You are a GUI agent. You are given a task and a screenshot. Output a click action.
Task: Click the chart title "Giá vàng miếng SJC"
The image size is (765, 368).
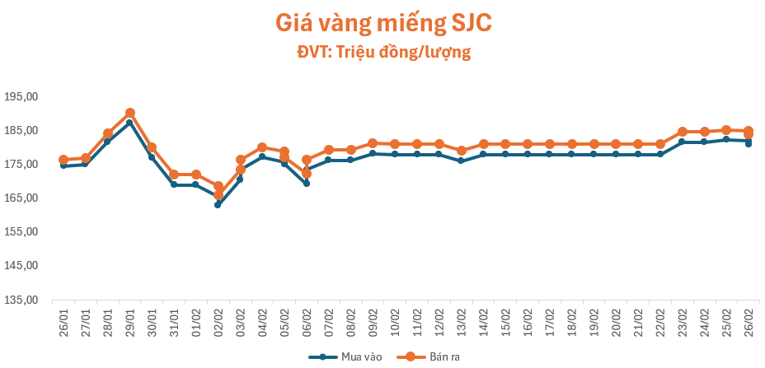pos(383,23)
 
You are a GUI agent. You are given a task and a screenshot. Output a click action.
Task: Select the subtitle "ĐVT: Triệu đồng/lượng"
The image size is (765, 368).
pos(383,53)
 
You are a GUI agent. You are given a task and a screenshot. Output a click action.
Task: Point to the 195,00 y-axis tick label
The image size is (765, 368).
pos(22,96)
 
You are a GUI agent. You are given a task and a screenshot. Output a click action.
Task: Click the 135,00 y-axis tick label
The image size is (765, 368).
pos(22,300)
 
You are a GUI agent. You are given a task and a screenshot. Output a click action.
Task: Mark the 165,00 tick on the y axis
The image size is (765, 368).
pos(22,198)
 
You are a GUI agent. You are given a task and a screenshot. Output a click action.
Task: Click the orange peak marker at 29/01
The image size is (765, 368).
pos(130,113)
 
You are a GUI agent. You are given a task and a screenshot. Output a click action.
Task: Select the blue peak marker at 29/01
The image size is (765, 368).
pos(129,123)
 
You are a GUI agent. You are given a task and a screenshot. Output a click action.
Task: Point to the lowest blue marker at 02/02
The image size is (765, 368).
pos(218,205)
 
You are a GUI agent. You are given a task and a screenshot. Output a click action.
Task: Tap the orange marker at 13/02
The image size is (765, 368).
pos(462,151)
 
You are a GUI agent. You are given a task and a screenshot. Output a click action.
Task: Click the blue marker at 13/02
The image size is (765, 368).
pos(462,161)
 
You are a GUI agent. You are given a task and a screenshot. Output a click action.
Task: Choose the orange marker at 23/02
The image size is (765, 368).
pos(683,132)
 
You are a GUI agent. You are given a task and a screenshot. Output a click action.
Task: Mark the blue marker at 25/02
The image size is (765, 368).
pos(726,139)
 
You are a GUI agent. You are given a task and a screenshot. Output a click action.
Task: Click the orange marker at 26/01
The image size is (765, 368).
pos(63,160)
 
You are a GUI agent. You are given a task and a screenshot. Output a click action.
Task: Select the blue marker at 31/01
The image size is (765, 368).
pos(174,184)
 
